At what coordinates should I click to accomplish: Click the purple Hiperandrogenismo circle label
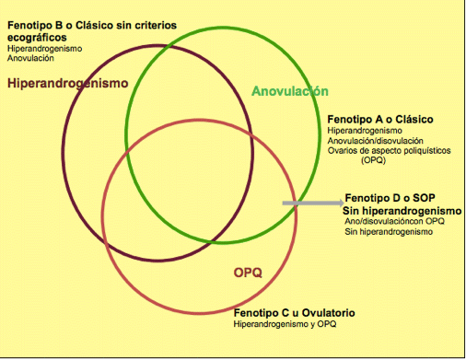pyautogui.click(x=67, y=83)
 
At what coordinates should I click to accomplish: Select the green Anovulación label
pyautogui.click(x=290, y=91)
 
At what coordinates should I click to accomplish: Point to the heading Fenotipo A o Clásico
pyautogui.click(x=379, y=120)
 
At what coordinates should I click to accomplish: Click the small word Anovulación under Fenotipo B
pyautogui.click(x=29, y=58)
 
